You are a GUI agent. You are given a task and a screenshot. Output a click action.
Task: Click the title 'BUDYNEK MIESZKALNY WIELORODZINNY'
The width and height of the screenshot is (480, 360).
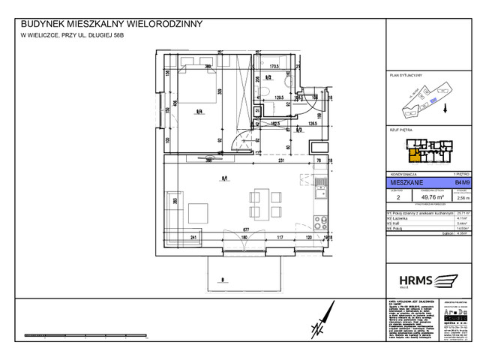pyautogui.click(x=112, y=24)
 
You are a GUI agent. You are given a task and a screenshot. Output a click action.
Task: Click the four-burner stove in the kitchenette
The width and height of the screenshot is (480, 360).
pyautogui.click(x=320, y=222)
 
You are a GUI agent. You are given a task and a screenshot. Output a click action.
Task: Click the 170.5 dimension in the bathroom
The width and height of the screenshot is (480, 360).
pyautogui.click(x=273, y=66)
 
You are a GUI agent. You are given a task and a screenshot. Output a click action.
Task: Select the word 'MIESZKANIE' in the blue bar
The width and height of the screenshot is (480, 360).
pyautogui.click(x=412, y=181)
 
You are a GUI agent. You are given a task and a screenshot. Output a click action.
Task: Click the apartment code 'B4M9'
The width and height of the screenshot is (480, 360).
pyautogui.click(x=453, y=181)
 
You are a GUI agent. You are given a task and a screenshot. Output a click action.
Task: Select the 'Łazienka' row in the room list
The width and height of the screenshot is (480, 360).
pyautogui.click(x=401, y=218)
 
